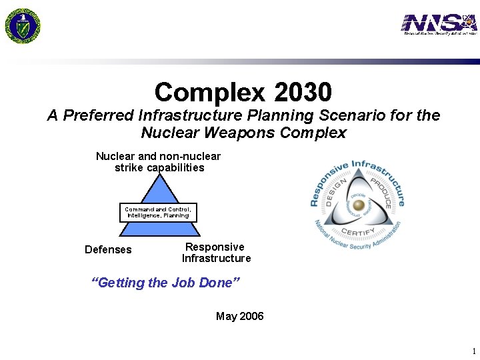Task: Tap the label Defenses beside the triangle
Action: (x=108, y=250)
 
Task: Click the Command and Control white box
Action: (x=158, y=212)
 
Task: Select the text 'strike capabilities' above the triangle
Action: (x=159, y=168)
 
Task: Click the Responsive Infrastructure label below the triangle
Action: (x=216, y=253)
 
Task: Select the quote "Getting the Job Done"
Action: (x=165, y=283)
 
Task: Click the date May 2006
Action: (x=239, y=316)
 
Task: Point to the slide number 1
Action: (x=473, y=351)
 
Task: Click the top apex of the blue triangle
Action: (x=158, y=175)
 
